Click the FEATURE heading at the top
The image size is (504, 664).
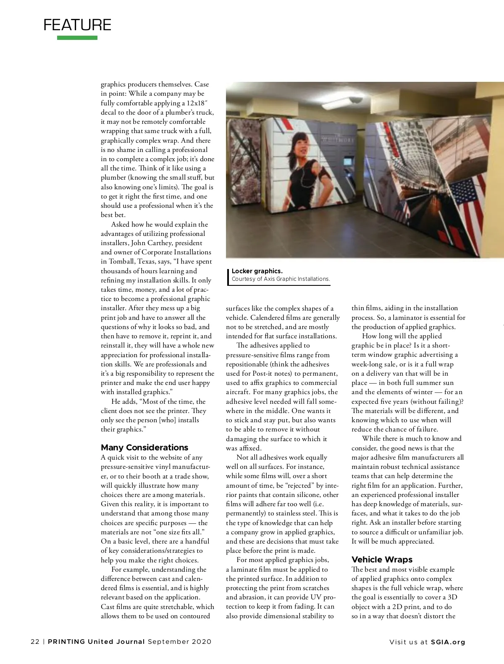pos(77,25)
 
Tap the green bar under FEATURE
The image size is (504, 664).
pos(77,38)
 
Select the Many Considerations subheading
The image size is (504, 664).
pos(144,447)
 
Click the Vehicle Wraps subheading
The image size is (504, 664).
pos(382,559)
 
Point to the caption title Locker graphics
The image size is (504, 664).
pos(257,271)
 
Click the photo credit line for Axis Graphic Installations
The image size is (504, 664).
pos(281,279)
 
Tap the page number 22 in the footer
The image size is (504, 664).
pos(35,642)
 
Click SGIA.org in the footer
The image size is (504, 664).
pos(448,642)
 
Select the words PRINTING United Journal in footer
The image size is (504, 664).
pos(97,642)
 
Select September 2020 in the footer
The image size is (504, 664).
pos(179,642)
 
